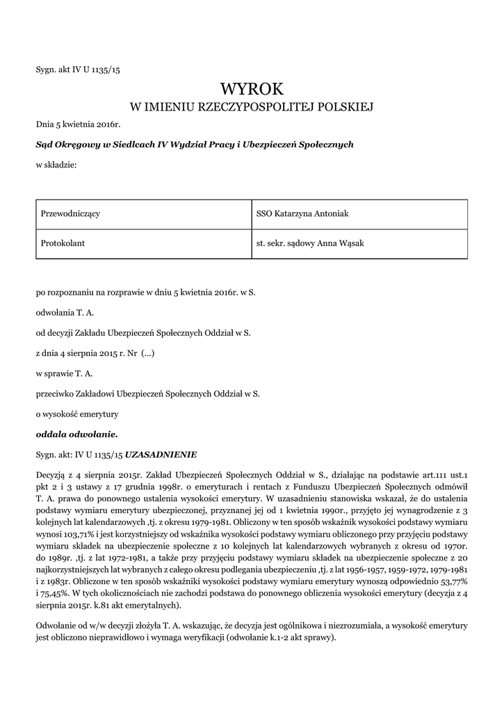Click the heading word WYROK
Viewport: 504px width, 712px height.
tap(252, 88)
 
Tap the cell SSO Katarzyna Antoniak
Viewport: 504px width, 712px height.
tap(360, 213)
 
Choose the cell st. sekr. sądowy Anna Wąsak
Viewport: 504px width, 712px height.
tap(360, 243)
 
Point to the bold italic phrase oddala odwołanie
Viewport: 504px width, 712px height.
tap(77, 435)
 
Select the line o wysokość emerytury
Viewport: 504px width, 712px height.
tap(77, 414)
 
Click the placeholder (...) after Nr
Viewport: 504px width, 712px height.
tap(147, 353)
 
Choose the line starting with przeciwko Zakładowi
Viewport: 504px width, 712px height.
tap(147, 394)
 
